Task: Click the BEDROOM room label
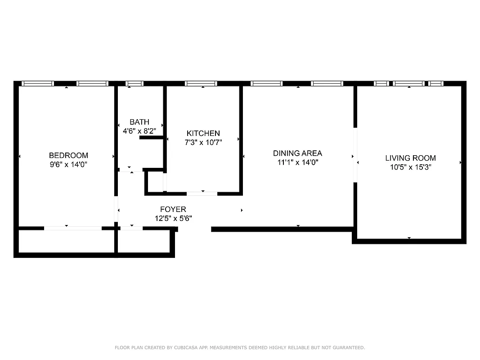(68, 156)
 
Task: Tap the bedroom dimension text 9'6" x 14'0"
(68, 165)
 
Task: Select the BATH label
(139, 122)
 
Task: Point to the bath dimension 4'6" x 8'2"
(139, 131)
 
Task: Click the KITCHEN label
(203, 133)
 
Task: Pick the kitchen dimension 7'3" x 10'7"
(203, 142)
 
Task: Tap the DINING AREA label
(298, 153)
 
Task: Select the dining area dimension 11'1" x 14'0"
(298, 162)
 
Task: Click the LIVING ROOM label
(410, 158)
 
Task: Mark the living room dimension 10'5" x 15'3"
(410, 167)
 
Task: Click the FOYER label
(173, 210)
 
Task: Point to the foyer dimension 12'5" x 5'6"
(173, 219)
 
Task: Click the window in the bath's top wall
(134, 84)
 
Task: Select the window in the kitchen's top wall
(201, 84)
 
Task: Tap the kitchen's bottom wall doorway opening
(202, 193)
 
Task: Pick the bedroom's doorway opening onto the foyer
(116, 210)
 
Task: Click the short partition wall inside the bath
(152, 137)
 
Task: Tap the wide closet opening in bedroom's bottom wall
(72, 229)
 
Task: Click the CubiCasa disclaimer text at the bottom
(240, 347)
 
